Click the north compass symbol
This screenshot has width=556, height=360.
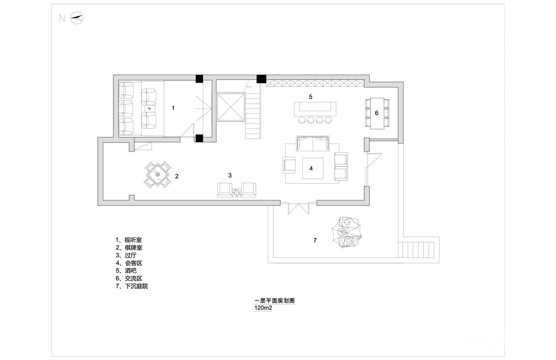point(77,18)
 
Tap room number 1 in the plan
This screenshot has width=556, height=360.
point(173,108)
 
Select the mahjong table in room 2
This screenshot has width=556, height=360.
point(157,174)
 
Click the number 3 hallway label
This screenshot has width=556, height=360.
point(230,175)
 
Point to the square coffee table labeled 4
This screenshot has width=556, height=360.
point(312,168)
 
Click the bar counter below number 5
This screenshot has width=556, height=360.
point(315,109)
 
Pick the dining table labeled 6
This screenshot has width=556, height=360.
point(378,114)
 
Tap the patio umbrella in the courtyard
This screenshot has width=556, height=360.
point(346,232)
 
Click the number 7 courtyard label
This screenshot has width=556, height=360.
point(315,240)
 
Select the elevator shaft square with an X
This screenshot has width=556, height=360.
point(231,107)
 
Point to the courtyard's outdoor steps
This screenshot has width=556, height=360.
point(416,250)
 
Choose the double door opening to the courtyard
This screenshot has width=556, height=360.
point(298,208)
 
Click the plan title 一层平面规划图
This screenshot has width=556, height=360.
point(275,300)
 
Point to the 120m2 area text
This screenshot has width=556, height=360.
point(263,308)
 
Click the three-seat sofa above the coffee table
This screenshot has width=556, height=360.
point(312,143)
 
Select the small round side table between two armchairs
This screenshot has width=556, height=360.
point(237,193)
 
